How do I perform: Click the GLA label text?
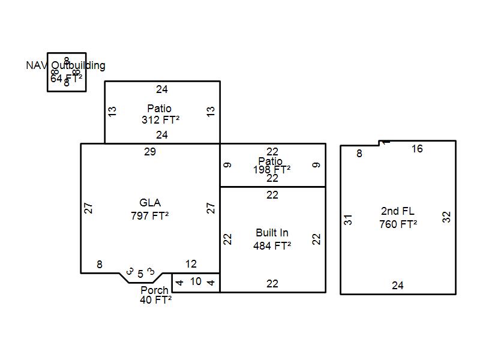(150, 203)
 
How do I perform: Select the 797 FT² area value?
(150, 215)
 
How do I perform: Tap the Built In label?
(272, 233)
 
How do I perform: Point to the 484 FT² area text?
(272, 245)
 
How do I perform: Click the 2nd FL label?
(398, 211)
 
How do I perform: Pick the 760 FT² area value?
(398, 224)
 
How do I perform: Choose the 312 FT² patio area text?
(160, 120)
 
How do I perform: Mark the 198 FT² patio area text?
(272, 170)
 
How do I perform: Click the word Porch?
(154, 290)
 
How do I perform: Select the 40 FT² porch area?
(156, 300)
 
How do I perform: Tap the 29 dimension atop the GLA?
(150, 152)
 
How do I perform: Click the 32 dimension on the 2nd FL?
(446, 217)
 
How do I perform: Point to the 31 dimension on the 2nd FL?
(349, 220)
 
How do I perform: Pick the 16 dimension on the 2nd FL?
(417, 149)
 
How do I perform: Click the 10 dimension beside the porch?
(196, 281)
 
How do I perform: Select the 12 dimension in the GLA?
(191, 264)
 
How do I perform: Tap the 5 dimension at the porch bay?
(140, 274)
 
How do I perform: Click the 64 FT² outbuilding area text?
(66, 78)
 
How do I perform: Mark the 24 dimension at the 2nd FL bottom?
(398, 286)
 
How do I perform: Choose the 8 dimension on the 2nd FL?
(359, 154)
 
